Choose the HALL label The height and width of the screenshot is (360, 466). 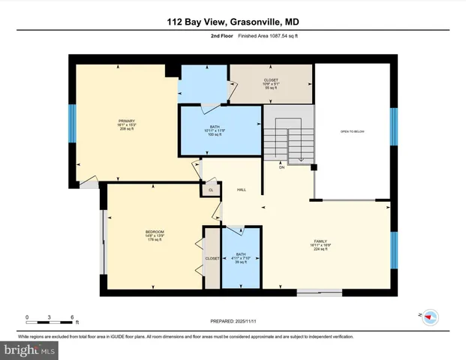coord(242,190)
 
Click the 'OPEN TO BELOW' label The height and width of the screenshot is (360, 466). coord(352,131)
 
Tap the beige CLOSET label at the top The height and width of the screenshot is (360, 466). coord(271,80)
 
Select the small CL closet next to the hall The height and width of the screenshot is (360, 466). coord(211,190)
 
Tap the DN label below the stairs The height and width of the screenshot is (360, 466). coord(282,167)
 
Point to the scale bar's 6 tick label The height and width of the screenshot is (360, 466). coord(72,318)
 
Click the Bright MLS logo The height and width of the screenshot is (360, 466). coord(30,349)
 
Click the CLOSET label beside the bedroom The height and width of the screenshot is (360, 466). coord(212,258)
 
